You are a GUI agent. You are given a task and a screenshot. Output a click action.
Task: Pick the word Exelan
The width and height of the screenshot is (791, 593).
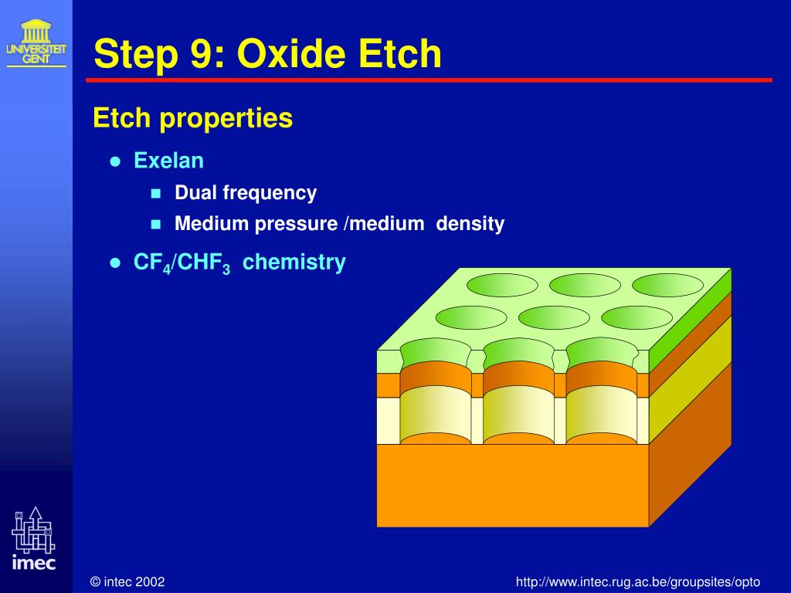[x=168, y=161]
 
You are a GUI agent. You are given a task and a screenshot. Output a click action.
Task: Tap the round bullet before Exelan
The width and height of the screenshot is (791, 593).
[x=115, y=161]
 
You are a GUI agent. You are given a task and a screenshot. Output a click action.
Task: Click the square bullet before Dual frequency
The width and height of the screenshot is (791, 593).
[x=155, y=193]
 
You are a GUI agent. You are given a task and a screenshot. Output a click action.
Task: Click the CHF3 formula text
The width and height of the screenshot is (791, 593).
[x=205, y=263]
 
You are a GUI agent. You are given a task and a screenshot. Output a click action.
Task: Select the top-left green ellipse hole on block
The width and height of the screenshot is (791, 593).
[x=503, y=285]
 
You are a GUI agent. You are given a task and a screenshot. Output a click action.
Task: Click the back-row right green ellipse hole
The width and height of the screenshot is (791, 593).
[x=667, y=285]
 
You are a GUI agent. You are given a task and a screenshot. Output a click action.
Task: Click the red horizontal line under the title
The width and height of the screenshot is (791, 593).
[x=429, y=80]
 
